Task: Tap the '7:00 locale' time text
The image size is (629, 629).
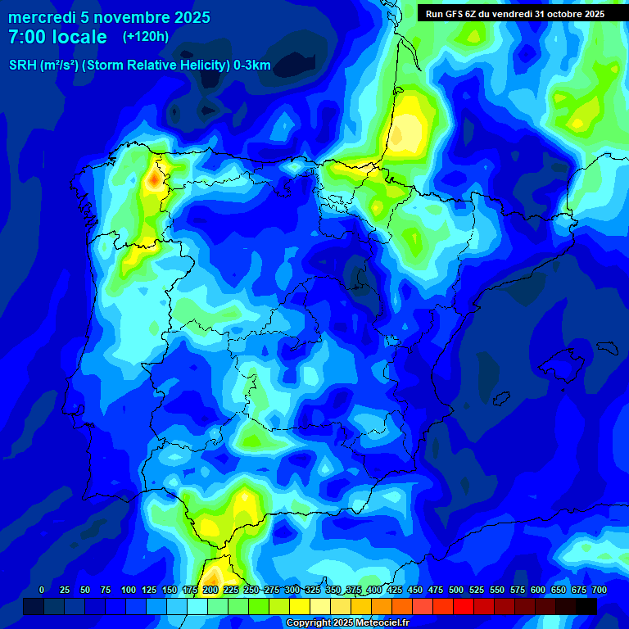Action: [57, 37]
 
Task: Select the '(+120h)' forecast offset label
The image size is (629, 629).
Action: [145, 36]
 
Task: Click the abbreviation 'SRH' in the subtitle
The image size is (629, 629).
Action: [23, 66]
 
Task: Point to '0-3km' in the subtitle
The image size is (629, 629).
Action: [251, 66]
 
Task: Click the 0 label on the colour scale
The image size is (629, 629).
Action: [42, 590]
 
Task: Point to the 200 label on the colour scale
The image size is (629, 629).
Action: [210, 590]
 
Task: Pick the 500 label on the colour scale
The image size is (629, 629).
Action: [455, 590]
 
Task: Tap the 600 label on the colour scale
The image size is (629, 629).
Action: [537, 590]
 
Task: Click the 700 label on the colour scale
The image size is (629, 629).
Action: [599, 590]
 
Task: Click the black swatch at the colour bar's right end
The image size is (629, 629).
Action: [586, 606]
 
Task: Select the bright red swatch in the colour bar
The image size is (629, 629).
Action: [464, 606]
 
